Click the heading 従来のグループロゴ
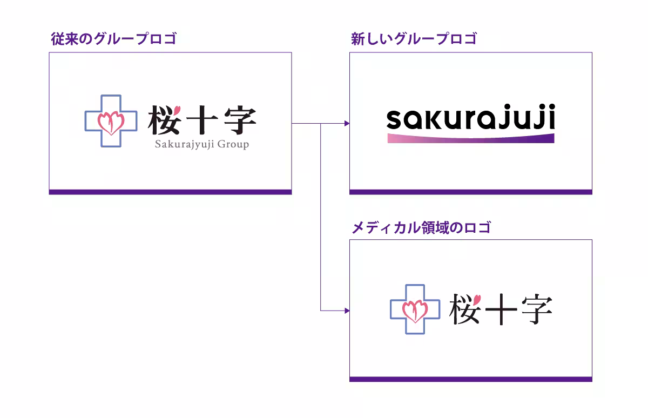[x=113, y=39]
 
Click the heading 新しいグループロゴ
[x=414, y=39]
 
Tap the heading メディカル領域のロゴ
[x=421, y=227]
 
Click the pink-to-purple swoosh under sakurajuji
[x=471, y=138]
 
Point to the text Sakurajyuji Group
[x=202, y=144]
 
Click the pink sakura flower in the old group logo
[x=111, y=123]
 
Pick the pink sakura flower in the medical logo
[x=415, y=311]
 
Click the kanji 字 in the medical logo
[x=535, y=309]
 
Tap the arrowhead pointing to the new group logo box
[x=347, y=124]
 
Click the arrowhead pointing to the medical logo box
[x=347, y=311]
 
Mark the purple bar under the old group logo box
[x=170, y=192]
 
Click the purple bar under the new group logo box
[x=471, y=192]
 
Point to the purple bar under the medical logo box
[x=471, y=379]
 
